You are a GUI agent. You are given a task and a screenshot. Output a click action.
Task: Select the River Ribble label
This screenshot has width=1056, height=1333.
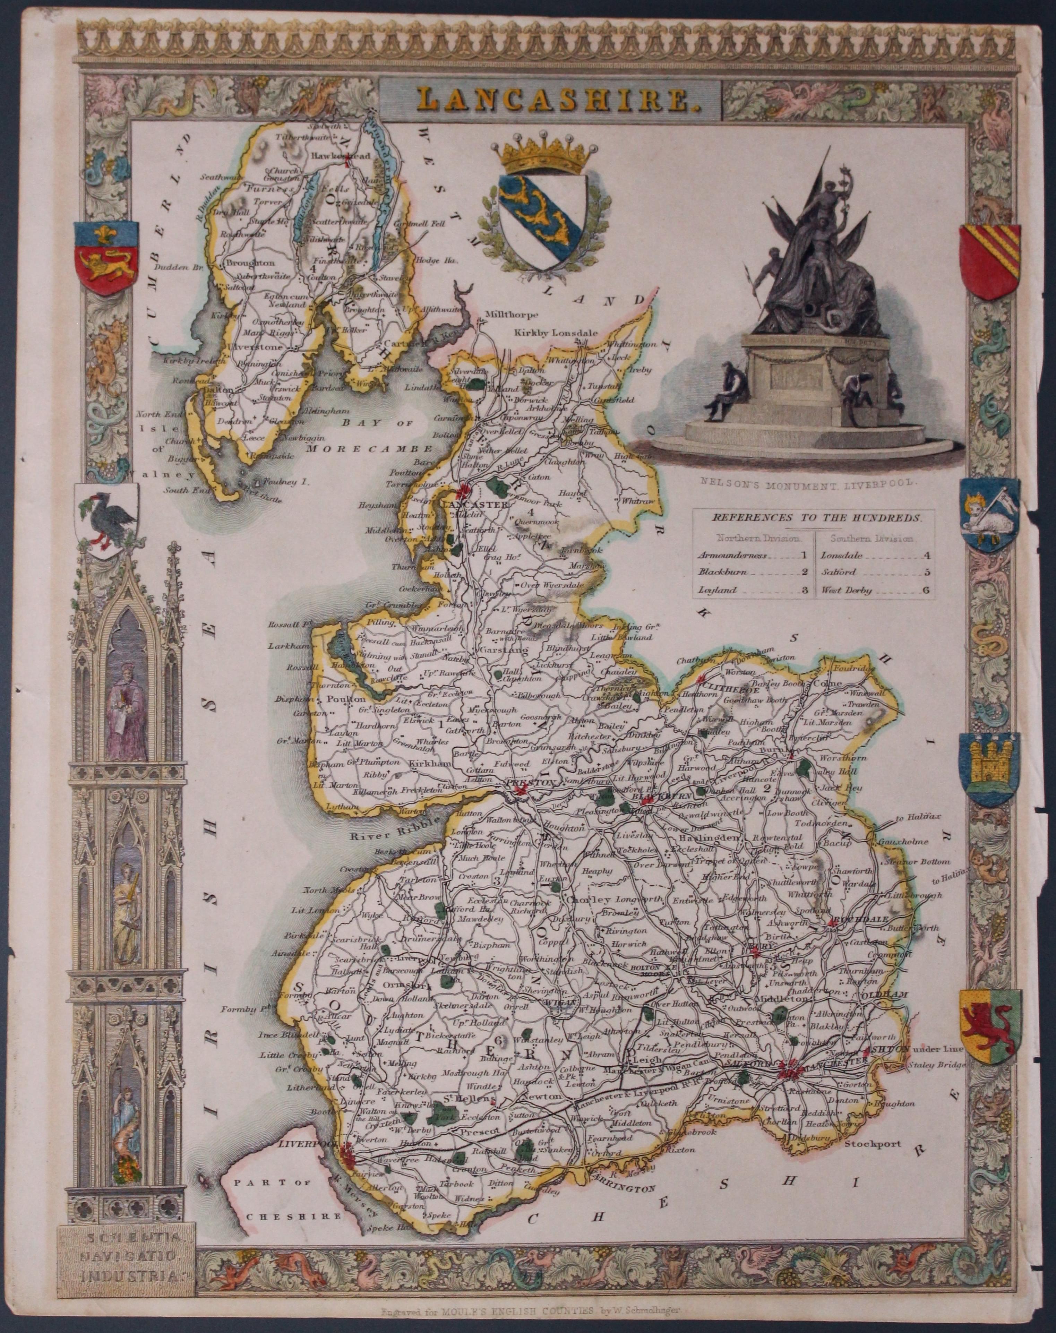[x=380, y=836]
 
